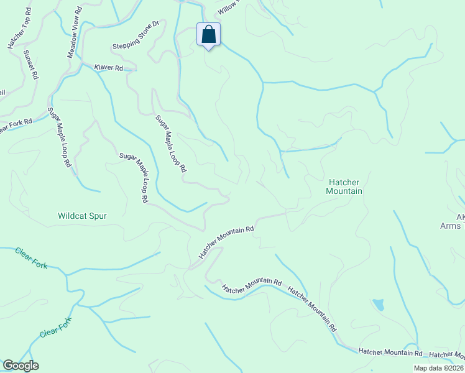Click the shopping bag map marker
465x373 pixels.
point(209,35)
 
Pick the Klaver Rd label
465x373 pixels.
point(109,67)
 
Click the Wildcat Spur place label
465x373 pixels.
point(82,216)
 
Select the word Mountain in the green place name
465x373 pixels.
point(344,191)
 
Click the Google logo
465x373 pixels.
point(21,366)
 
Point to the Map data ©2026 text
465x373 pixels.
point(439,368)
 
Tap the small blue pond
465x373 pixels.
point(378,305)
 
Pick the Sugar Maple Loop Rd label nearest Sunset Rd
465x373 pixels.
point(60,137)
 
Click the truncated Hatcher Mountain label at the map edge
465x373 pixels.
point(446,354)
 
